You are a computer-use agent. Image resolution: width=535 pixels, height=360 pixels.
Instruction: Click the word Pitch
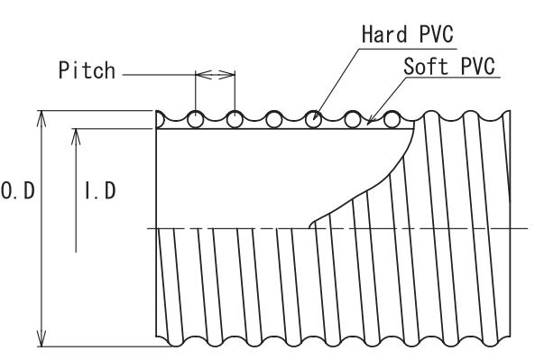pyautogui.click(x=87, y=70)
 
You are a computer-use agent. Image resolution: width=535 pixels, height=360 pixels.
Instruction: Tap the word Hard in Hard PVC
pyautogui.click(x=384, y=34)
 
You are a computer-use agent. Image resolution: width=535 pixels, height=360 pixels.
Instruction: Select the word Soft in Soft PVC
pyautogui.click(x=426, y=66)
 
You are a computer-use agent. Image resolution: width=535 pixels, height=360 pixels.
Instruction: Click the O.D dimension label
pyautogui.click(x=18, y=190)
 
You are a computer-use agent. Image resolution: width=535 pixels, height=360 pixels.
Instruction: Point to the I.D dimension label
pyautogui.click(x=100, y=190)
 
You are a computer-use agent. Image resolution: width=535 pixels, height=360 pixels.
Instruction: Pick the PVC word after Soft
pyautogui.click(x=477, y=66)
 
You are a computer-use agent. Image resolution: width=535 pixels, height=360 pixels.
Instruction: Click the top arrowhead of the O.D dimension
pyautogui.click(x=42, y=118)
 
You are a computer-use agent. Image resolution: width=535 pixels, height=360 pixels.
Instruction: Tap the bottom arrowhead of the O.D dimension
pyautogui.click(x=42, y=338)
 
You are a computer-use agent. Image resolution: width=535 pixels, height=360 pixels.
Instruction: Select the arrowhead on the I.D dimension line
pyautogui.click(x=76, y=137)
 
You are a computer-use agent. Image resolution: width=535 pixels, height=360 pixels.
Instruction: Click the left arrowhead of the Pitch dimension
pyautogui.click(x=204, y=74)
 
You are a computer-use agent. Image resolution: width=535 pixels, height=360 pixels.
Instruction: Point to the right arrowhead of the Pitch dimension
pyautogui.click(x=226, y=74)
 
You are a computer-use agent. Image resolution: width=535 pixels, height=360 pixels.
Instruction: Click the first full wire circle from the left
pyautogui.click(x=196, y=120)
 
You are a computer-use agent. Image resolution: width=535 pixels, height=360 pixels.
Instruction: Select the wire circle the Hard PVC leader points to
pyautogui.click(x=313, y=120)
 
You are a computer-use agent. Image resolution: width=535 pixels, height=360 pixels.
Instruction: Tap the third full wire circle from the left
pyautogui.click(x=274, y=120)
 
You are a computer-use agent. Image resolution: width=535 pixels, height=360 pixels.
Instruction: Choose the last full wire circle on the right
pyautogui.click(x=392, y=120)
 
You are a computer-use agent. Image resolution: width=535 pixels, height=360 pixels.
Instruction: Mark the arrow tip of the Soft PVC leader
pyautogui.click(x=367, y=122)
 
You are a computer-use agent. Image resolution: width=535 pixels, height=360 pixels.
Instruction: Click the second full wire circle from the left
pyautogui.click(x=235, y=120)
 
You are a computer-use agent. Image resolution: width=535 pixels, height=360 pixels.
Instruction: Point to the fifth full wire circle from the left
pyautogui.click(x=353, y=120)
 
